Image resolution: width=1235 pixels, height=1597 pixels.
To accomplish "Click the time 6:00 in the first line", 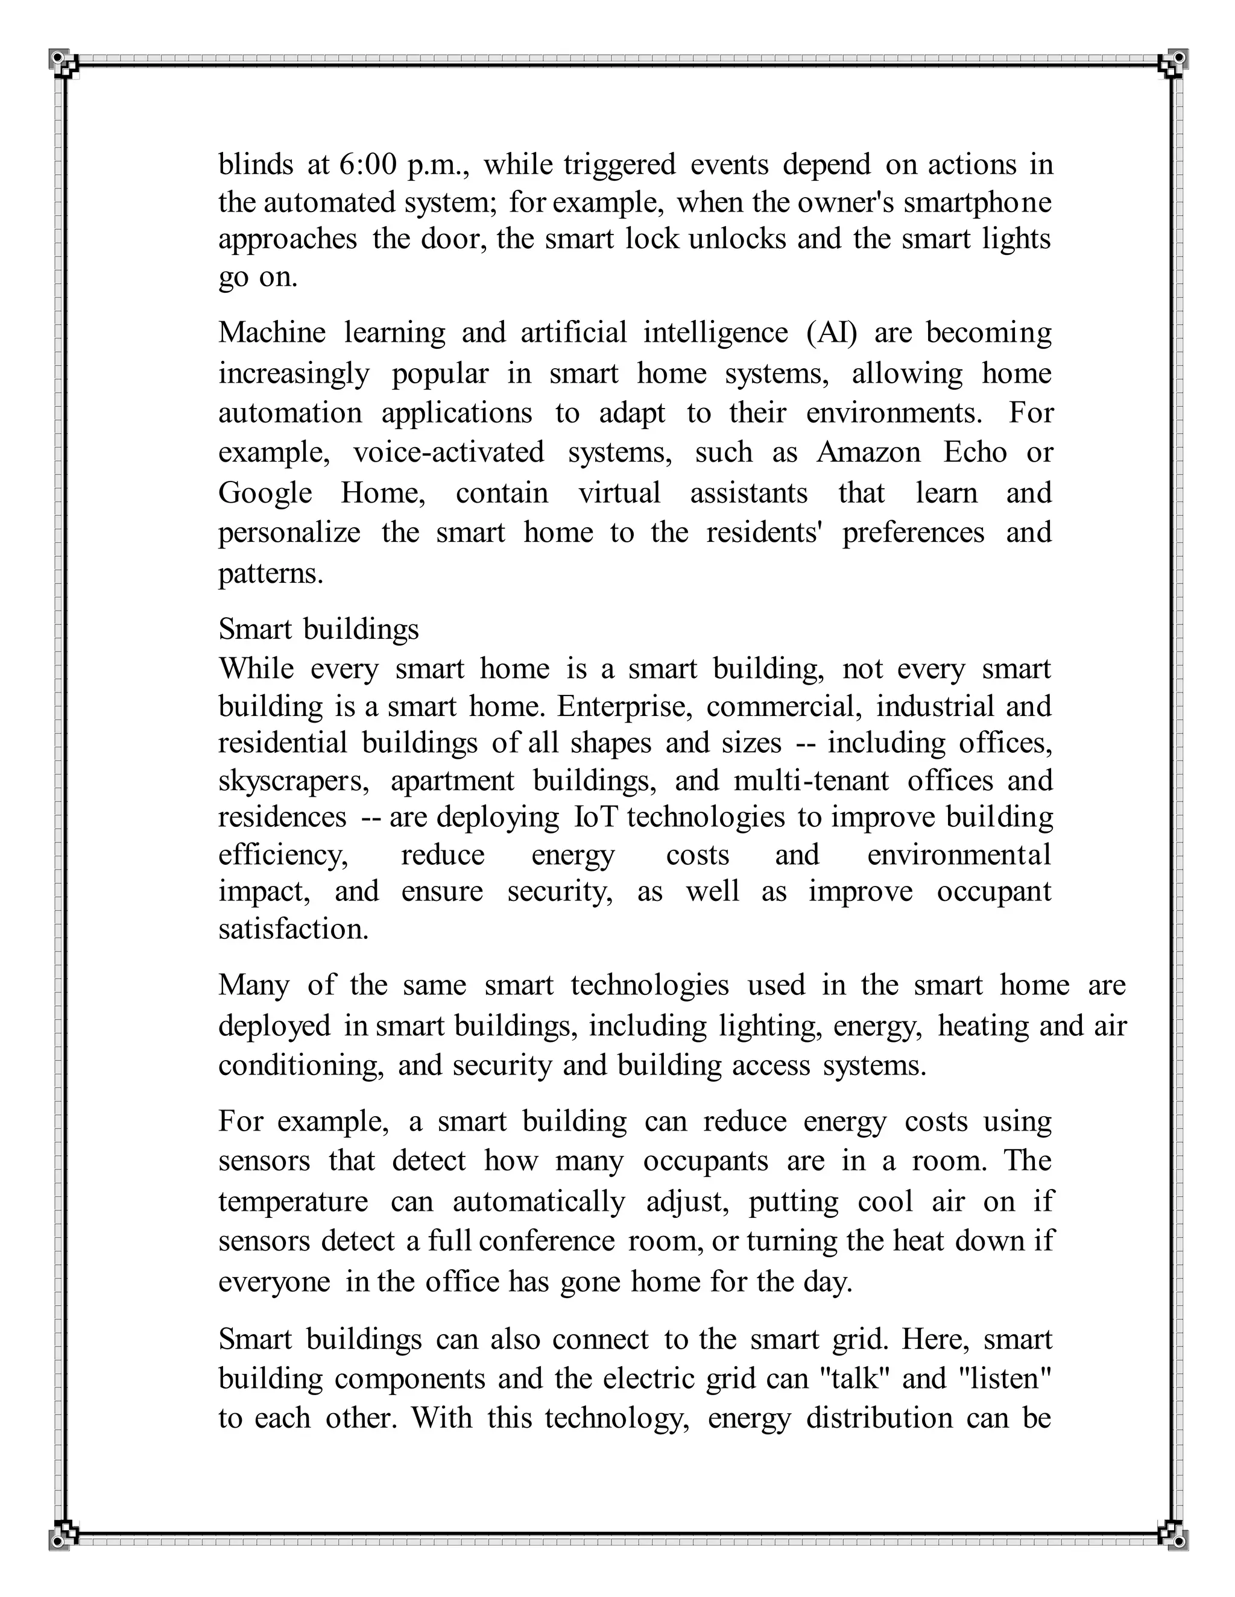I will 367,165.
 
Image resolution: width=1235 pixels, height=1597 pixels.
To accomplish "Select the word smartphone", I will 978,202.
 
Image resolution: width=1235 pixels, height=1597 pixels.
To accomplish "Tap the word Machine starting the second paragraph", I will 271,333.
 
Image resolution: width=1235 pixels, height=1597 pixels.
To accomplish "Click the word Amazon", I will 868,453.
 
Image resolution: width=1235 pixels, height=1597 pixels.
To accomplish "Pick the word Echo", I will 974,453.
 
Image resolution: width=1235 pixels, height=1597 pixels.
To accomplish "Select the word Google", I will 265,494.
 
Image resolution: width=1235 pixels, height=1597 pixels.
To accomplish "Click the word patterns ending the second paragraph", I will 270,573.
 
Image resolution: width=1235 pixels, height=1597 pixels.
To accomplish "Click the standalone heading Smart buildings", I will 318,629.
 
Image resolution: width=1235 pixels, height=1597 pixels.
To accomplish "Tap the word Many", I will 254,985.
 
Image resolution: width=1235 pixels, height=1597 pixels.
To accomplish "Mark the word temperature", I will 292,1202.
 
